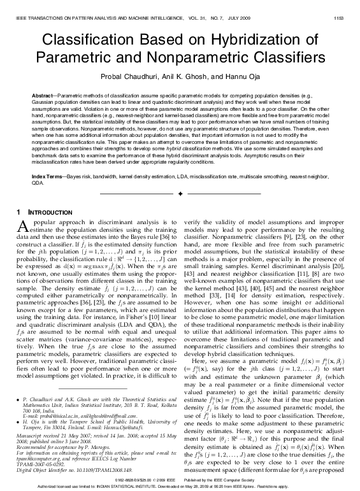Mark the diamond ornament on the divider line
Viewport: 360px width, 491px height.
click(x=180, y=192)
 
